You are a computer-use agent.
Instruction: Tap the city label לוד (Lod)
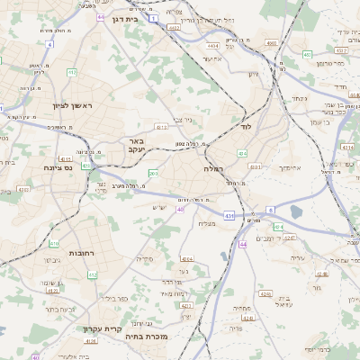245,127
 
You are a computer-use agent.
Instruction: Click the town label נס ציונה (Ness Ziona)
58,166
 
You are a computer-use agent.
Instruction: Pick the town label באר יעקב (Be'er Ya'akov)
136,145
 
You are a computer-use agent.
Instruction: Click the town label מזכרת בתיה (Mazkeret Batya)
162,337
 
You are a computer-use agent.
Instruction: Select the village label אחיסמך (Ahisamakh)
290,167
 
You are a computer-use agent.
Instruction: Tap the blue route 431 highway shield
229,216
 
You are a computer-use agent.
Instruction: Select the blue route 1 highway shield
155,17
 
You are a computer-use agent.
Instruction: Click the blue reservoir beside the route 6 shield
296,211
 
